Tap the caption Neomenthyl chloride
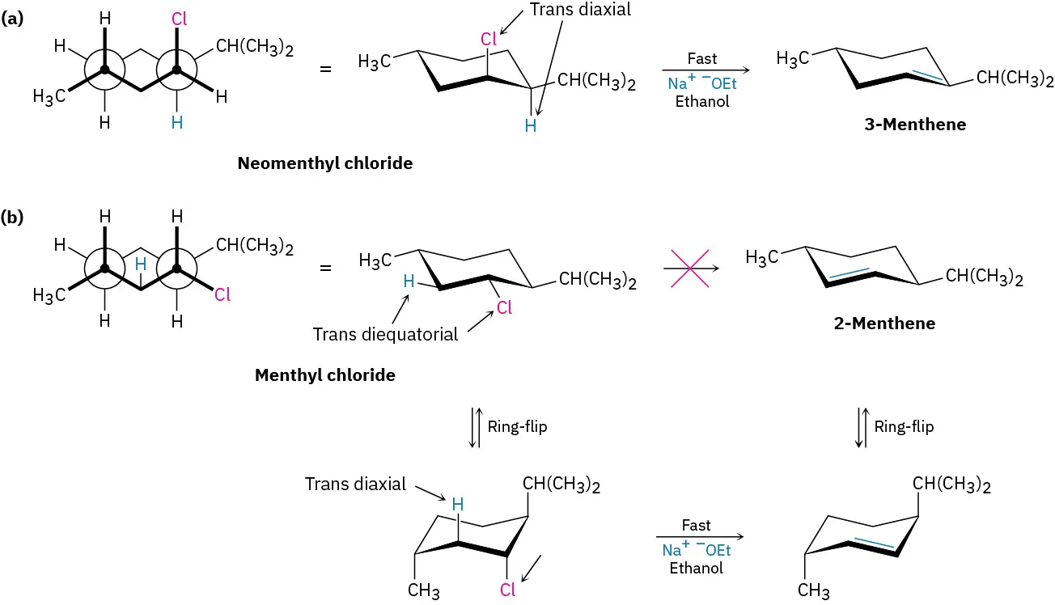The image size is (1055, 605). coord(324,163)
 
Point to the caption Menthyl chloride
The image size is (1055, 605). coord(324,375)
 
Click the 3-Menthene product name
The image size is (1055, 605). coord(915,125)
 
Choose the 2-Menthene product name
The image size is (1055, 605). coord(884,324)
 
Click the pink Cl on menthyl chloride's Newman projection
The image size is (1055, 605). coord(222,295)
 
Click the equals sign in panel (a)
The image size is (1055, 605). coord(326,69)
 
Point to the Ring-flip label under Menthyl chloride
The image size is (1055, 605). coord(517,427)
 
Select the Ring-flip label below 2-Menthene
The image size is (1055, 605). coord(904,427)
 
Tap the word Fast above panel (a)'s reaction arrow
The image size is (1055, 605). coord(701,59)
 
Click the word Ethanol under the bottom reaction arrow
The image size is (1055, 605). coord(697,568)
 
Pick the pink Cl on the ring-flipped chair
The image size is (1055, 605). coord(507,590)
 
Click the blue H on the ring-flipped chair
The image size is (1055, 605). coord(458,505)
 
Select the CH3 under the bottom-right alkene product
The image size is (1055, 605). coord(813,590)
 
